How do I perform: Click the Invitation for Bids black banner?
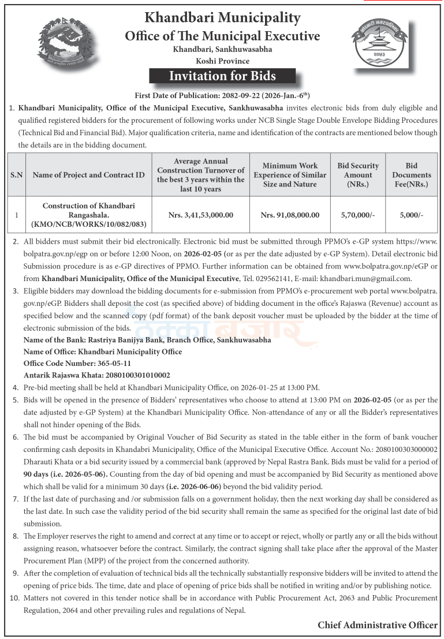pos(222,76)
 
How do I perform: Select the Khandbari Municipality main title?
pos(222,18)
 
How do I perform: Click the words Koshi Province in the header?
pos(222,61)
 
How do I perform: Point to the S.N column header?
pos(16,175)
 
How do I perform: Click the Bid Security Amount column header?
pos(358,175)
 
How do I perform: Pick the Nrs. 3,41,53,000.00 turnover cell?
pos(201,215)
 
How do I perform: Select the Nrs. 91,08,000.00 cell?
pos(290,215)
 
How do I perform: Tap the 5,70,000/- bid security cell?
pos(358,215)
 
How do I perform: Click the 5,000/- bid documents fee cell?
pos(411,215)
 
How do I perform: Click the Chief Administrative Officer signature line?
pos(378,625)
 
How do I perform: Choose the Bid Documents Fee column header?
pos(411,175)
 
